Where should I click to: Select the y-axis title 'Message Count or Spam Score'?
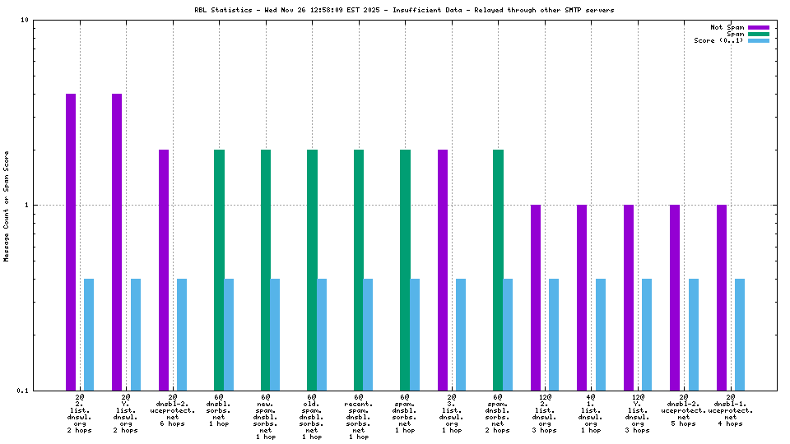(7, 206)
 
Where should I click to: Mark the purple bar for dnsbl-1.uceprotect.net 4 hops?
(722, 297)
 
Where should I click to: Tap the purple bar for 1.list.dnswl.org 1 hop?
(582, 297)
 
